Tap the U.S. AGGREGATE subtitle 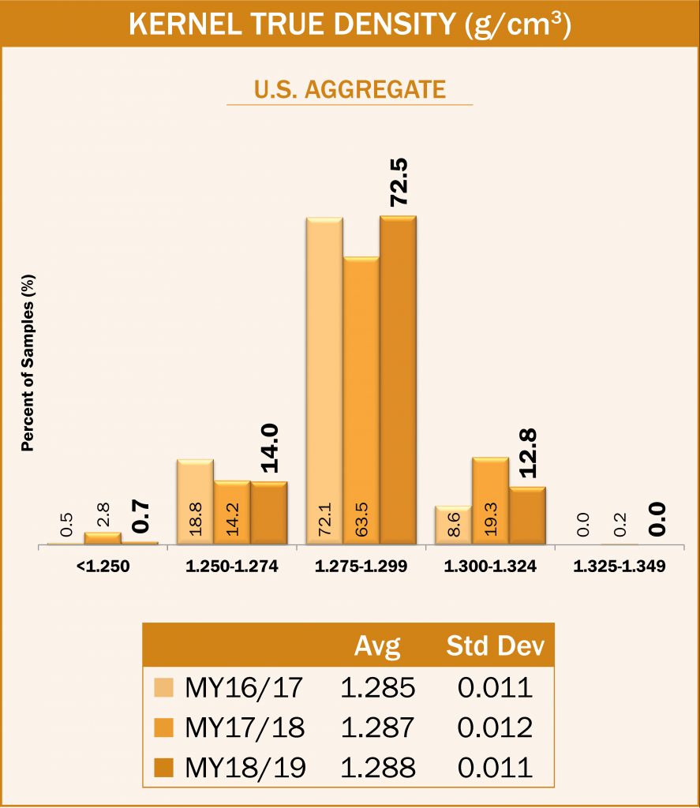(x=350, y=88)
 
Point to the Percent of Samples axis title (x=28, y=363)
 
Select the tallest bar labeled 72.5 (x=398, y=379)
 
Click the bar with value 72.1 (x=324, y=379)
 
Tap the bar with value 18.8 (x=195, y=502)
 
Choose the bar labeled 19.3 (x=490, y=500)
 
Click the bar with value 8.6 (x=453, y=525)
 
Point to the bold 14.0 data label (x=269, y=447)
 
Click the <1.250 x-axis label (x=104, y=566)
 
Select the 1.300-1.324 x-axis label (x=490, y=566)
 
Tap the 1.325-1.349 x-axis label (x=619, y=566)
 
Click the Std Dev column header (x=495, y=647)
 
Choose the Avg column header (x=377, y=647)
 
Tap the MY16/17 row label (x=243, y=687)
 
